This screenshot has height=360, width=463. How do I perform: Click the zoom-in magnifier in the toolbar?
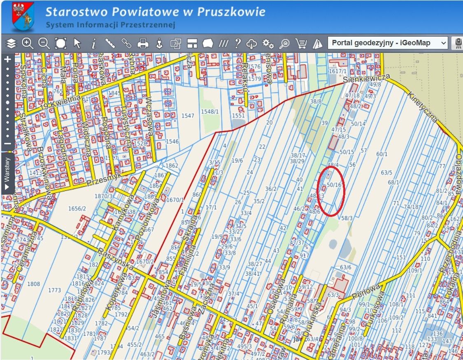click(28, 43)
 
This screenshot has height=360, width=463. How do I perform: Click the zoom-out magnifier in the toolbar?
click(44, 43)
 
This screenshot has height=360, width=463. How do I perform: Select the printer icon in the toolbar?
click(143, 43)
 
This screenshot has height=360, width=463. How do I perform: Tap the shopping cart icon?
click(301, 43)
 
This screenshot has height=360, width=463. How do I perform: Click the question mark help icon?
click(237, 43)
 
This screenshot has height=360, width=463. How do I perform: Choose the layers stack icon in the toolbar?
click(11, 43)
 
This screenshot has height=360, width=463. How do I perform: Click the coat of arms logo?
click(23, 16)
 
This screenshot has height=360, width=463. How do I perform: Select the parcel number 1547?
click(187, 116)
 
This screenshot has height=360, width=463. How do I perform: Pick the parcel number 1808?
click(33, 284)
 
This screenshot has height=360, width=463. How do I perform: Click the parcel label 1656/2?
click(77, 209)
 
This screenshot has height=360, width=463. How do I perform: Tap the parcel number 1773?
click(54, 290)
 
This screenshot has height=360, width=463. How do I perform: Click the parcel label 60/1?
click(382, 154)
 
